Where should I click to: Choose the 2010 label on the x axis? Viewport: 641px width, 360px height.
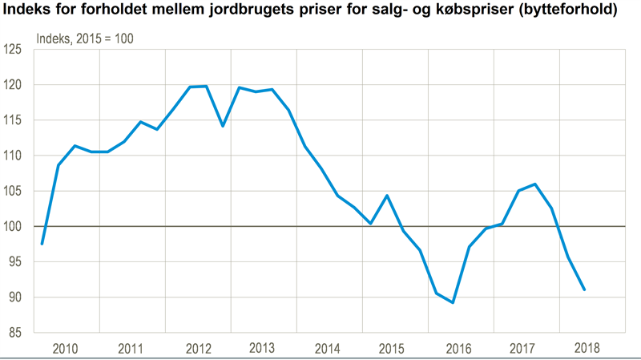(67, 349)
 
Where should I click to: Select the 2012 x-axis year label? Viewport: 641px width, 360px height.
(198, 349)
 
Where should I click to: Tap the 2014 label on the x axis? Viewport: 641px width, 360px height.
(329, 349)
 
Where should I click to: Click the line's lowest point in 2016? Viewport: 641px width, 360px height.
(454, 302)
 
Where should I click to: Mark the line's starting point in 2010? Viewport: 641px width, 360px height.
(42, 244)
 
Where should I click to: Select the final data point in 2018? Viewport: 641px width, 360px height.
(585, 289)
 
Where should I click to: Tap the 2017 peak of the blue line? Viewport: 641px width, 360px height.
(535, 184)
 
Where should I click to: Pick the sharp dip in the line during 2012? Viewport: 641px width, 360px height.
(222, 126)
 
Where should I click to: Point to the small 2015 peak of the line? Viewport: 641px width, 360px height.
(388, 196)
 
